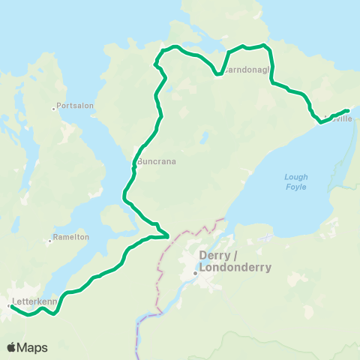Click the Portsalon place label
[76, 106]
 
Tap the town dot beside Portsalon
[54, 109]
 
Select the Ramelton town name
[71, 237]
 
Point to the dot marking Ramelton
[49, 241]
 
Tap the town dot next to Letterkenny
[9, 306]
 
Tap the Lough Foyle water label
[295, 181]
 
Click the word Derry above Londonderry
[212, 255]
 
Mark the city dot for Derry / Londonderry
[195, 273]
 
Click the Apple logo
[11, 347]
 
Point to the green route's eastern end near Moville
[346, 111]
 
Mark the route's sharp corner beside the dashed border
[166, 235]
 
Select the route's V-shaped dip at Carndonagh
[226, 68]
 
